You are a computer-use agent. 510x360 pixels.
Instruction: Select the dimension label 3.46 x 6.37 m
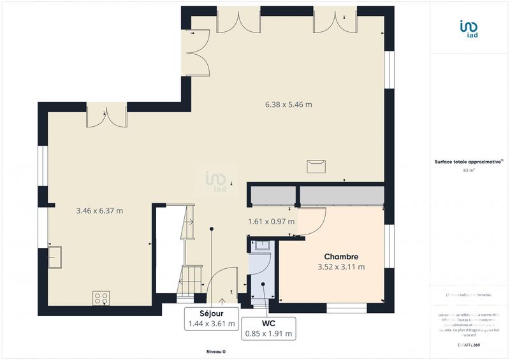pyautogui.click(x=99, y=211)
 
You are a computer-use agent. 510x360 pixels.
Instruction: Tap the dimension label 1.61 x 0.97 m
pyautogui.click(x=272, y=222)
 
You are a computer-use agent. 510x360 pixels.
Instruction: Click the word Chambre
pyautogui.click(x=341, y=256)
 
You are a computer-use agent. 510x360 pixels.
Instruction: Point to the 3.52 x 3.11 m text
pyautogui.click(x=341, y=268)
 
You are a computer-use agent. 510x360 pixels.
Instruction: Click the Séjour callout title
pyautogui.click(x=211, y=313)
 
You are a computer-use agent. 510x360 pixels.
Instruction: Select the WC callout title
pyautogui.click(x=268, y=322)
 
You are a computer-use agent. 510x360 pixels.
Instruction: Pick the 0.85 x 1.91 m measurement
pyautogui.click(x=268, y=333)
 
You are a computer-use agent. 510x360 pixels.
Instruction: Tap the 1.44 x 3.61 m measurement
pyautogui.click(x=211, y=324)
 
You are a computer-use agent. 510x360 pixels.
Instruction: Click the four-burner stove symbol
pyautogui.click(x=101, y=298)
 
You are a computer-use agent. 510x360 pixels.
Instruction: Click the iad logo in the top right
pyautogui.click(x=470, y=30)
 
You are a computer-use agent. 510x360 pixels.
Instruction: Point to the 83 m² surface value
pyautogui.click(x=470, y=171)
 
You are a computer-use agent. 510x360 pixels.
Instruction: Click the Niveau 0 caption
pyautogui.click(x=215, y=352)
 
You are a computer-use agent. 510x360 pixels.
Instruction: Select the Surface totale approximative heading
pyautogui.click(x=470, y=162)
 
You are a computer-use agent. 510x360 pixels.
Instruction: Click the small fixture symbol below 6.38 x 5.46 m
pyautogui.click(x=316, y=166)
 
